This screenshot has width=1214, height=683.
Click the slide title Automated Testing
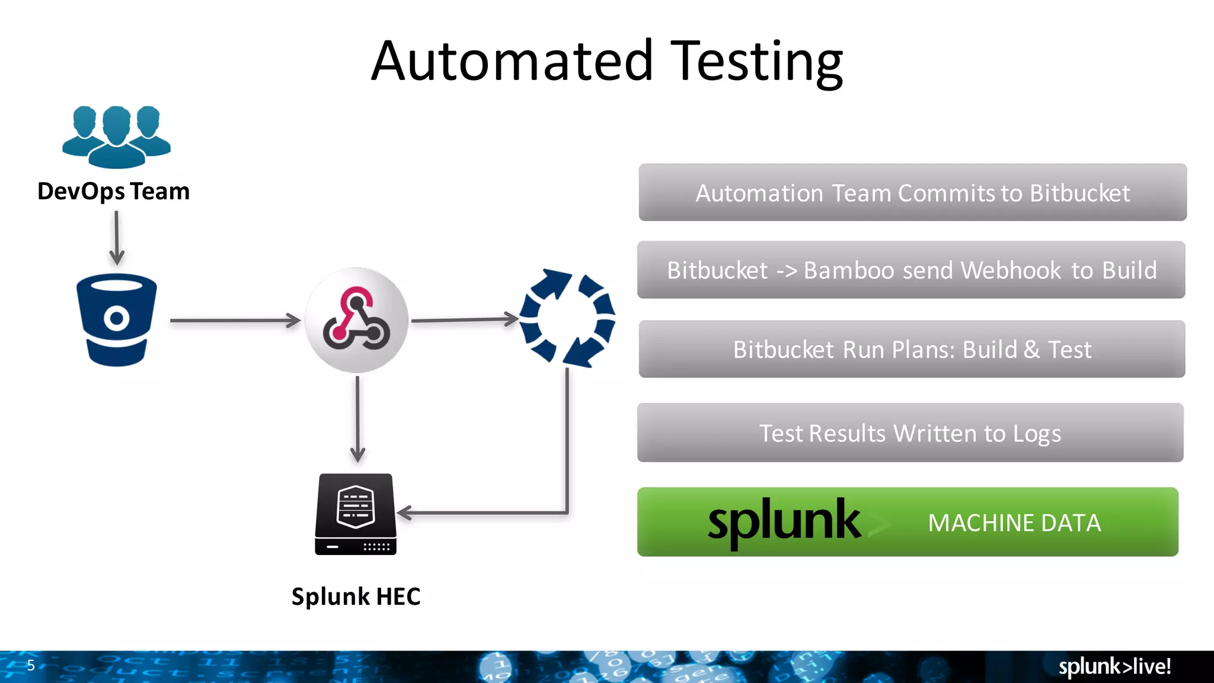(x=607, y=61)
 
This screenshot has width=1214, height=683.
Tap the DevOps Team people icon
(x=116, y=136)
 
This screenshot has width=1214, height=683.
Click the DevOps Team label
(x=113, y=192)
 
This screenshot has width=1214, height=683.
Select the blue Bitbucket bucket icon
(x=117, y=320)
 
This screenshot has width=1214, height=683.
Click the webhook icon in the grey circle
(x=356, y=320)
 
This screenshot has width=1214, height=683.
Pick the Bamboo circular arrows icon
(x=567, y=318)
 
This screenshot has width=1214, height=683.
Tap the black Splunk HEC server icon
(x=356, y=514)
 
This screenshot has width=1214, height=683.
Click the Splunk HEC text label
(x=356, y=596)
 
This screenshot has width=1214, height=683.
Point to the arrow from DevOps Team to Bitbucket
(x=117, y=237)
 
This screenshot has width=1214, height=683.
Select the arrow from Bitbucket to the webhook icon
(x=235, y=320)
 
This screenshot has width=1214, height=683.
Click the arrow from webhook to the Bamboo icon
(x=464, y=320)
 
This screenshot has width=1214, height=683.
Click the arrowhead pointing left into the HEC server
(x=405, y=512)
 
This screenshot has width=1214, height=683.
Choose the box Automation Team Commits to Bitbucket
(x=912, y=193)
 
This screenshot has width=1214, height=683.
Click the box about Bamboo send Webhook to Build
(x=911, y=270)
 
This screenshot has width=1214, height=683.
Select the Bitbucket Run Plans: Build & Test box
(x=912, y=349)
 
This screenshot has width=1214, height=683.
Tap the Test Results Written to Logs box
(x=910, y=433)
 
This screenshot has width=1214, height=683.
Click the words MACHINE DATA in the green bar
(x=1014, y=523)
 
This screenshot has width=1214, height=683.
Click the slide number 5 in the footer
(x=31, y=665)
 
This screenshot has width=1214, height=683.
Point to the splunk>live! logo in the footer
(x=1114, y=666)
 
